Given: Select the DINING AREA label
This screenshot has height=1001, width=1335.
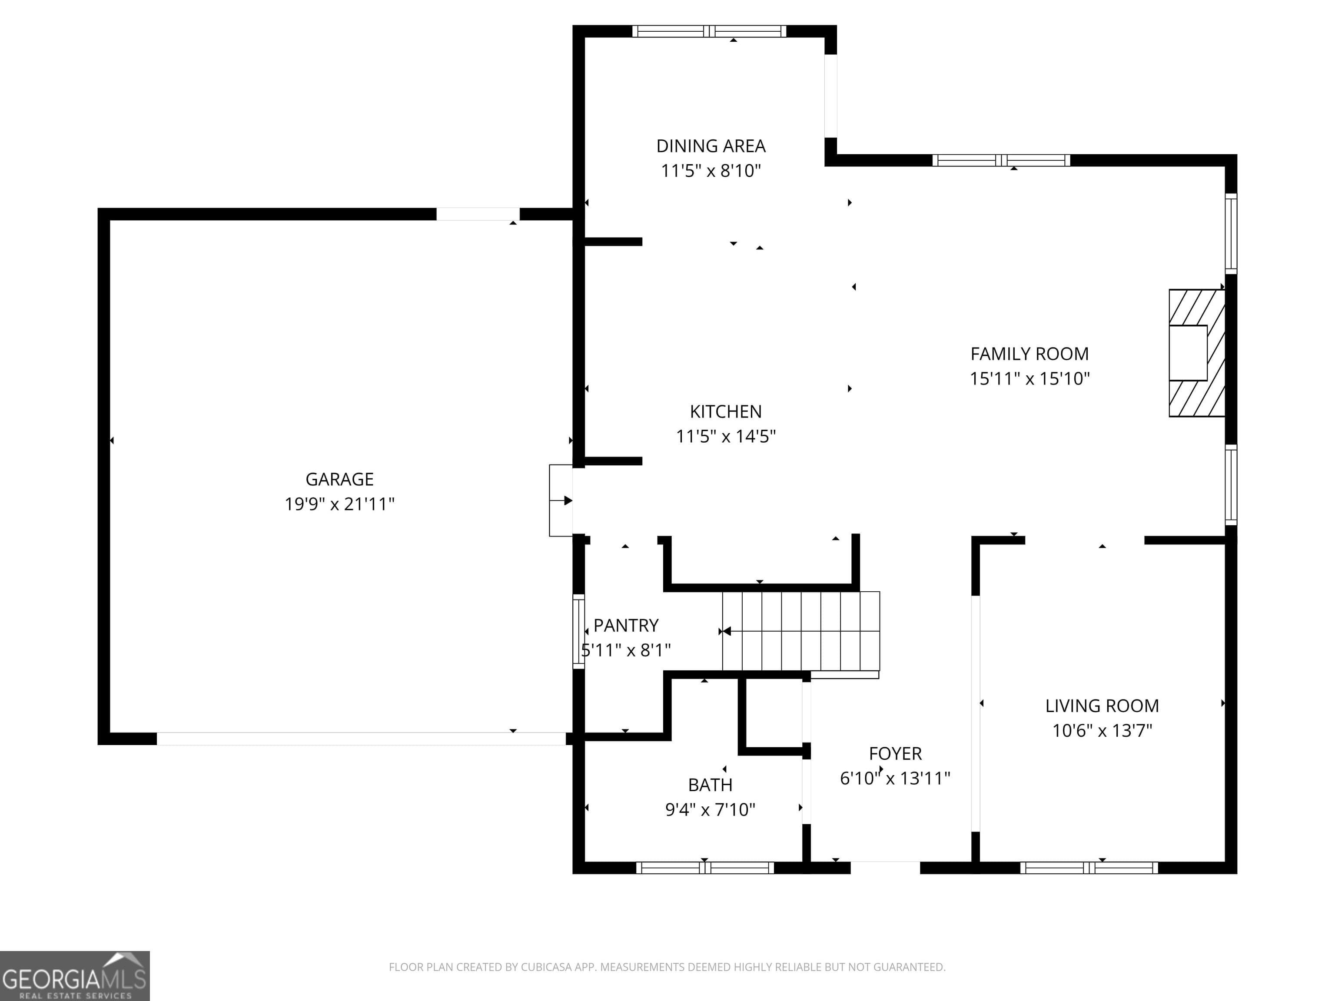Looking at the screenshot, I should [x=711, y=146].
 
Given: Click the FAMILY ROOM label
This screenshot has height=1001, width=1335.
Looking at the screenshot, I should [x=1029, y=354].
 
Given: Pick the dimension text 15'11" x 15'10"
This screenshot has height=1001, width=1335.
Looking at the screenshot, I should [x=1029, y=378].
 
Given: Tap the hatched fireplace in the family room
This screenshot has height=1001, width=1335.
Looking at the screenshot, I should [x=1196, y=353].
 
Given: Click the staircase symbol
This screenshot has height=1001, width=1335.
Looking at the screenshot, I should [x=801, y=631].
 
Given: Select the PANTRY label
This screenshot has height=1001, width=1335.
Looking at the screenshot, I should [x=626, y=625].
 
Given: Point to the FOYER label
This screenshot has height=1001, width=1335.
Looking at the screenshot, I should [x=895, y=754].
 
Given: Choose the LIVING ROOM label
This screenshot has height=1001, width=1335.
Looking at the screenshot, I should [x=1102, y=706].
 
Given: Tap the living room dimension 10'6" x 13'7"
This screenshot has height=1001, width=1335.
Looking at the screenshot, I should [x=1102, y=731].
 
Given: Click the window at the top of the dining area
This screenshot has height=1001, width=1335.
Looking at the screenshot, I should [x=709, y=31].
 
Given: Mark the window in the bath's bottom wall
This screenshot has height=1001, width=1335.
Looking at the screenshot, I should [x=704, y=868].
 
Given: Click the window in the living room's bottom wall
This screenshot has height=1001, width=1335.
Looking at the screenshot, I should [x=1089, y=868].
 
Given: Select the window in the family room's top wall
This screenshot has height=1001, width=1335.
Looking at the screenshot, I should [x=1001, y=160].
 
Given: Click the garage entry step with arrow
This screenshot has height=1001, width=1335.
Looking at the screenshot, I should [x=561, y=500].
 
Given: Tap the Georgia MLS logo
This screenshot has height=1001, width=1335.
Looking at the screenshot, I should [x=74, y=976].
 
